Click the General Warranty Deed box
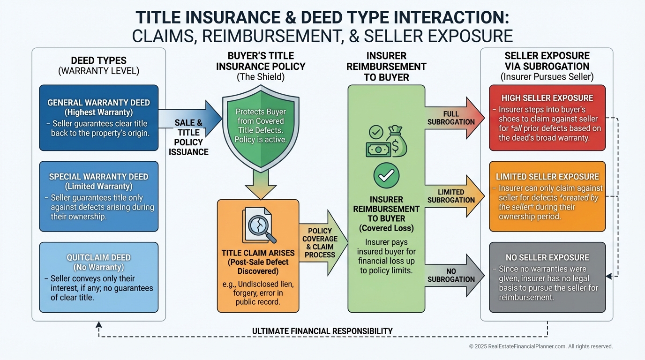tap(98, 118)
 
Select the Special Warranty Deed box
tap(98, 196)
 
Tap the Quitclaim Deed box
tap(98, 277)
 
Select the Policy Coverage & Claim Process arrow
tap(322, 243)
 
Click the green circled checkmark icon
tap(386, 176)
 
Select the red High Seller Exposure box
tap(547, 118)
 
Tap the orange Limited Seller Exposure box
tap(547, 196)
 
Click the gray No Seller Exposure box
tap(547, 277)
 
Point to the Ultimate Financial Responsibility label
tap(322, 331)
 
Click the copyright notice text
tap(541, 346)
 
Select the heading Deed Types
tap(98, 60)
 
